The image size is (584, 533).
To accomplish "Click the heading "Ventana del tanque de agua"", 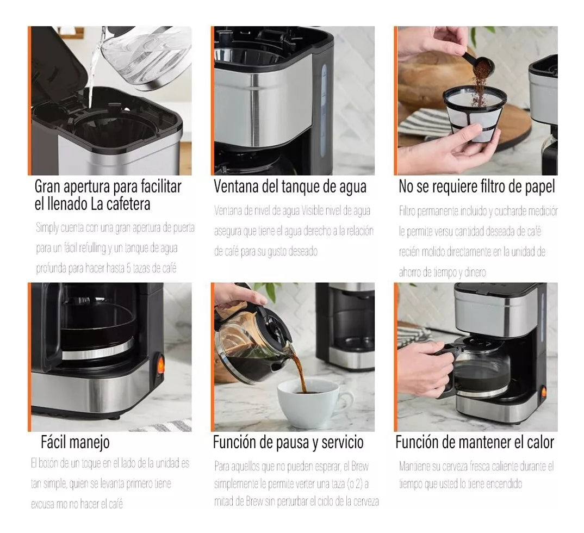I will tap(290, 187).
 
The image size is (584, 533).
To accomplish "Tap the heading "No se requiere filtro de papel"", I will tap(476, 187).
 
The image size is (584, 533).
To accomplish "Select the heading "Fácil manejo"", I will tap(75, 442).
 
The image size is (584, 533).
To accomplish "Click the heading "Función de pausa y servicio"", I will tap(288, 442).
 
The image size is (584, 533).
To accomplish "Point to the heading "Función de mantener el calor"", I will tap(474, 442).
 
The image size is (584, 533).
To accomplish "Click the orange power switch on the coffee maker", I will tap(160, 364).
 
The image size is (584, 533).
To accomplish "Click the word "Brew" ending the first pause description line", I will tap(358, 466).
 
